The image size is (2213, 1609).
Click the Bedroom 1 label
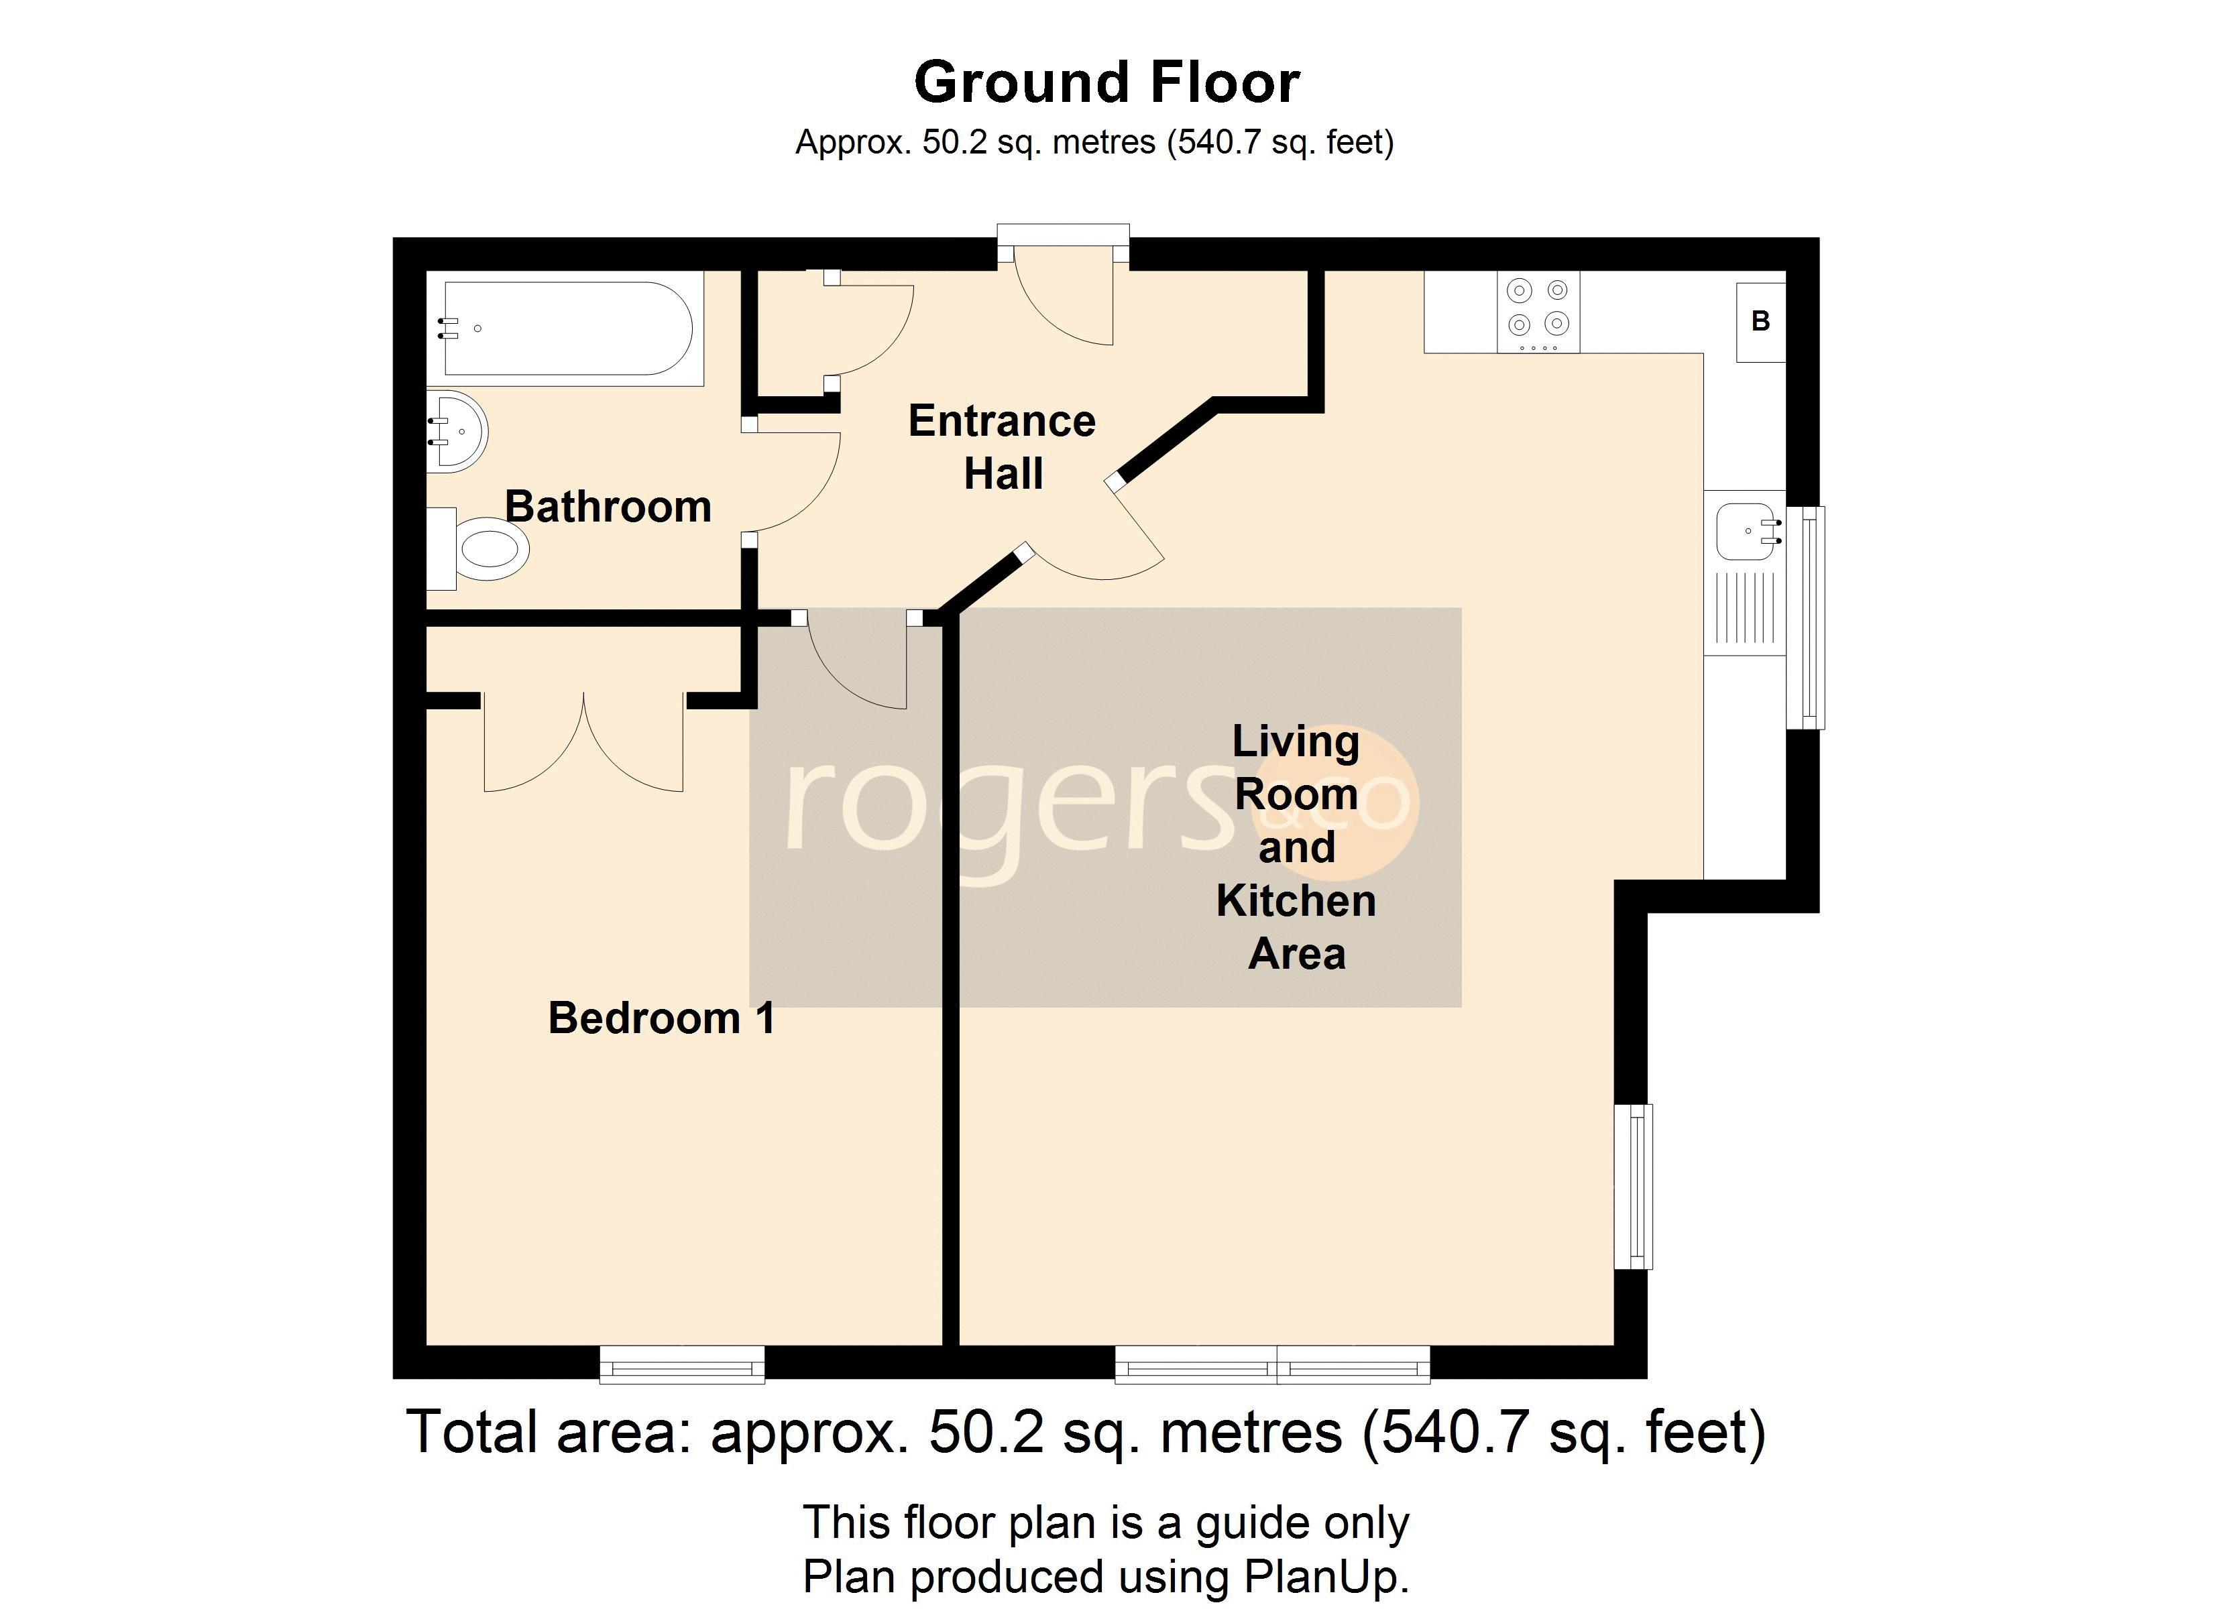662,1018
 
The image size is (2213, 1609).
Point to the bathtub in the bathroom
569,329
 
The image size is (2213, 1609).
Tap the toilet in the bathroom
478,548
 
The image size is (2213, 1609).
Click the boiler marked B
1760,322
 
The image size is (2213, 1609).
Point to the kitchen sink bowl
1746,532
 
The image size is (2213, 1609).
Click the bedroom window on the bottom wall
682,1364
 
